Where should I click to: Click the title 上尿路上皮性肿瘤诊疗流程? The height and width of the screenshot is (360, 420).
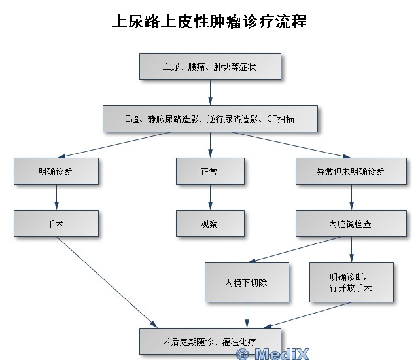click(x=209, y=22)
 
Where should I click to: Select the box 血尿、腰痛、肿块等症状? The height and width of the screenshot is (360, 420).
click(x=210, y=67)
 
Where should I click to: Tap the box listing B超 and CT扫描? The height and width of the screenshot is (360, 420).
click(x=210, y=119)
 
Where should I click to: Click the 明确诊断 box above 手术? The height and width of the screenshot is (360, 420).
click(x=56, y=171)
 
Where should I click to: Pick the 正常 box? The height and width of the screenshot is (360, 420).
click(x=210, y=171)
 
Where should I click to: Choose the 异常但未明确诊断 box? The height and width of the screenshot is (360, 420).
click(x=350, y=171)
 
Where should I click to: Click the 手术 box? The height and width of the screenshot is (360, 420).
click(x=56, y=223)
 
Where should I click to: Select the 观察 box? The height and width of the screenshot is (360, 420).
click(x=210, y=223)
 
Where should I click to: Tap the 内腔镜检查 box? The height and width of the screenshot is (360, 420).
click(x=350, y=223)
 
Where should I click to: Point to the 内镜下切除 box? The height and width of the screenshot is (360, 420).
click(x=247, y=282)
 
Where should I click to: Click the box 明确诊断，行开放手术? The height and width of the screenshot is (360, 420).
click(x=351, y=282)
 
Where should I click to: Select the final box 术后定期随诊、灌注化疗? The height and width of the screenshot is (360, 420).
click(x=210, y=341)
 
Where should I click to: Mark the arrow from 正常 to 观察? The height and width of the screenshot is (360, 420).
click(x=210, y=197)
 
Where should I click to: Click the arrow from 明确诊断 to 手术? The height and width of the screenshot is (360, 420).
click(x=56, y=197)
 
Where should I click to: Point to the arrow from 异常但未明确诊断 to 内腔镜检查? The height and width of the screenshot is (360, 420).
click(x=352, y=197)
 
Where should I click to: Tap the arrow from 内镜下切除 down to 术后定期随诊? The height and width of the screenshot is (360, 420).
click(x=247, y=315)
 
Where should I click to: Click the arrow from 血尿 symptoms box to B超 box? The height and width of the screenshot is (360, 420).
click(x=210, y=93)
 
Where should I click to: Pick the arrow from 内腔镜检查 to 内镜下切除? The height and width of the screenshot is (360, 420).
click(x=294, y=249)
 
